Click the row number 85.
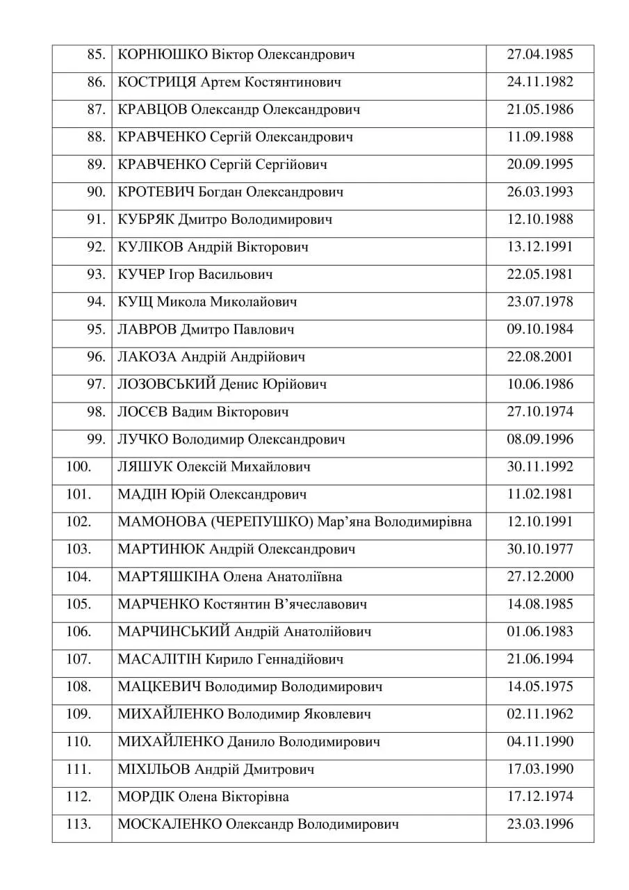pyautogui.click(x=96, y=55)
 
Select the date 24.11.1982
pyautogui.click(x=539, y=82)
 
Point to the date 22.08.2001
pyautogui.click(x=539, y=357)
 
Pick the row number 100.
pyautogui.click(x=79, y=467)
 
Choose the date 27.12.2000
pyautogui.click(x=539, y=576)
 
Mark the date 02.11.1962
pyautogui.click(x=539, y=714)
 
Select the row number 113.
pyautogui.click(x=79, y=824)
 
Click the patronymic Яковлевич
pyautogui.click(x=337, y=714)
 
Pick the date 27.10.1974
pyautogui.click(x=539, y=412)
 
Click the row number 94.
pyautogui.click(x=96, y=302)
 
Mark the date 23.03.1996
pyautogui.click(x=539, y=824)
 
